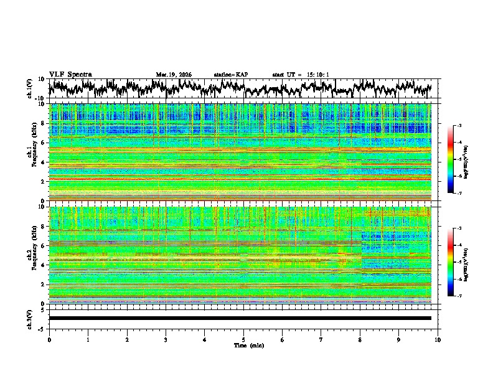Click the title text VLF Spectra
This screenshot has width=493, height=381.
(70, 74)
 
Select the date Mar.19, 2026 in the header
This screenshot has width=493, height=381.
(174, 75)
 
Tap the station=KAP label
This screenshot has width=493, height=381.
(230, 75)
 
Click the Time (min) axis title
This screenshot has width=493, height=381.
(243, 345)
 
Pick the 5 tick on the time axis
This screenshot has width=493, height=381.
(243, 339)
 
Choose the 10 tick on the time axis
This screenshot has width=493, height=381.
(438, 339)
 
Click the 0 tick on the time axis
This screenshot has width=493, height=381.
(49, 339)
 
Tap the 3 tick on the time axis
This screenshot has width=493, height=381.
(166, 339)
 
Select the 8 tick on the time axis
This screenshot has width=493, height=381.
(360, 339)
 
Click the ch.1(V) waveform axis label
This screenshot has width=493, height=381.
(30, 88)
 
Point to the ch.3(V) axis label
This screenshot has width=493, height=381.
(30, 318)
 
